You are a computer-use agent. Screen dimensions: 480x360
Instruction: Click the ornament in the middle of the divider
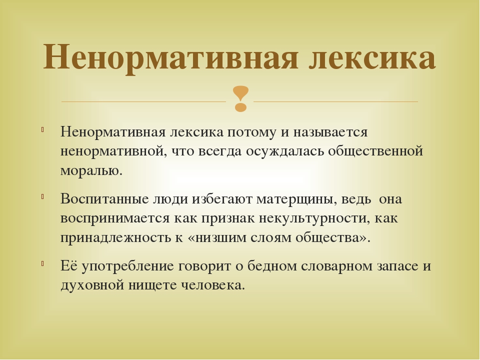[x=240, y=98]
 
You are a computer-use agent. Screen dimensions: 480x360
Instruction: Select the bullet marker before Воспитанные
[x=43, y=196]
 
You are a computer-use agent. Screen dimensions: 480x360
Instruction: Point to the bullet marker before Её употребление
[x=43, y=263]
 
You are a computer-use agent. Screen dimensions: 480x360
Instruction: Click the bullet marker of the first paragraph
[x=43, y=129]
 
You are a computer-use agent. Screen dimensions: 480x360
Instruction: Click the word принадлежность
[x=115, y=237]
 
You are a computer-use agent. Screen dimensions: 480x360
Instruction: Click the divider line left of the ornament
[x=143, y=101]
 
